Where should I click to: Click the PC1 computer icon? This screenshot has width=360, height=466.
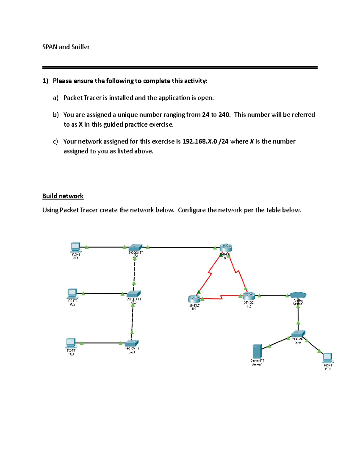point(75,247)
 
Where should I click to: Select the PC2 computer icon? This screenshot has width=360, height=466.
point(72,293)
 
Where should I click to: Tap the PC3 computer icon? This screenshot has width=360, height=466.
point(70,343)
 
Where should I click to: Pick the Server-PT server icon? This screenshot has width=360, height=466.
point(257,351)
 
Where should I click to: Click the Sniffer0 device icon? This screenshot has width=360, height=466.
point(298,295)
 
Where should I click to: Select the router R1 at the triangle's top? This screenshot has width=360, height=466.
point(226,248)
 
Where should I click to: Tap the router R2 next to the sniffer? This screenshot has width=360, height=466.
point(249,296)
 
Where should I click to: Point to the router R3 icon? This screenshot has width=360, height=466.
point(194,299)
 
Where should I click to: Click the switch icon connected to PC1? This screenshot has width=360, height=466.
point(135,247)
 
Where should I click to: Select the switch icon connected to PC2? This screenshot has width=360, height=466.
point(133,294)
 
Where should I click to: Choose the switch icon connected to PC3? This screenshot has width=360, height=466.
point(131,343)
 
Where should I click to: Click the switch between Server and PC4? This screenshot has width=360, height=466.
point(298,334)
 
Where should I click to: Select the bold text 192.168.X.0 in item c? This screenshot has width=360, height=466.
point(205,141)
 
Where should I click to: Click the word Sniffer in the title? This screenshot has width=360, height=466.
point(80,47)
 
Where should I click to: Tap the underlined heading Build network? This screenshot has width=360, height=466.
point(63,196)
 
